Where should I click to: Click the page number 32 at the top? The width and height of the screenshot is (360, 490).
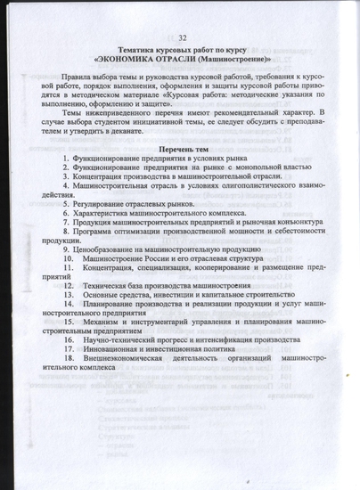point(182,37)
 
